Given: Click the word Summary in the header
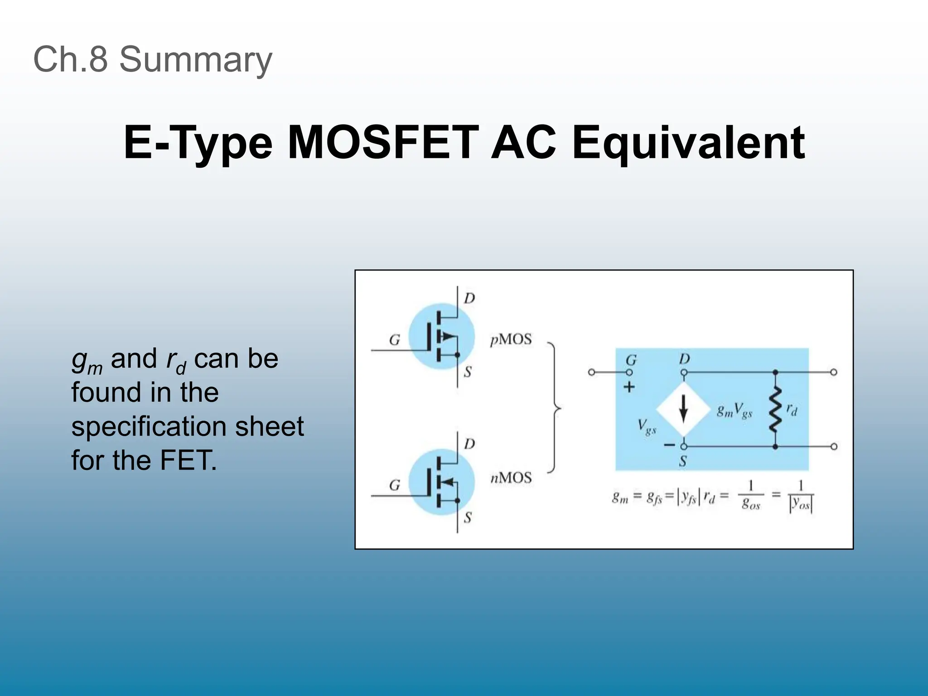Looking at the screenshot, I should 195,59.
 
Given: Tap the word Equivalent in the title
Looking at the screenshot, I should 688,143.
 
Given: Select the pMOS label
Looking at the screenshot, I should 511,339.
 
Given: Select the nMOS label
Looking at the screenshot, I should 511,478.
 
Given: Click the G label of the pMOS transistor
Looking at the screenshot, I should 395,340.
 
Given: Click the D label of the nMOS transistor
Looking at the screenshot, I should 469,444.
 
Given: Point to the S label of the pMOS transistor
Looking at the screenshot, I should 468,372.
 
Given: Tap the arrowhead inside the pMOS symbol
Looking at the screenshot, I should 448,336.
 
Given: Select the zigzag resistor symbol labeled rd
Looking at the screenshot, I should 775,409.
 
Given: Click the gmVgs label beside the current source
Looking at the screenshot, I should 735,411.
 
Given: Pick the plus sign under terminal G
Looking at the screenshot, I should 629,387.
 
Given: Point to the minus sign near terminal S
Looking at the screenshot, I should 669,445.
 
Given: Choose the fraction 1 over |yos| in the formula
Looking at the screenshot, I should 801,497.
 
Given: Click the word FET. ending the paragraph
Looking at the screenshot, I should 188,460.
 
